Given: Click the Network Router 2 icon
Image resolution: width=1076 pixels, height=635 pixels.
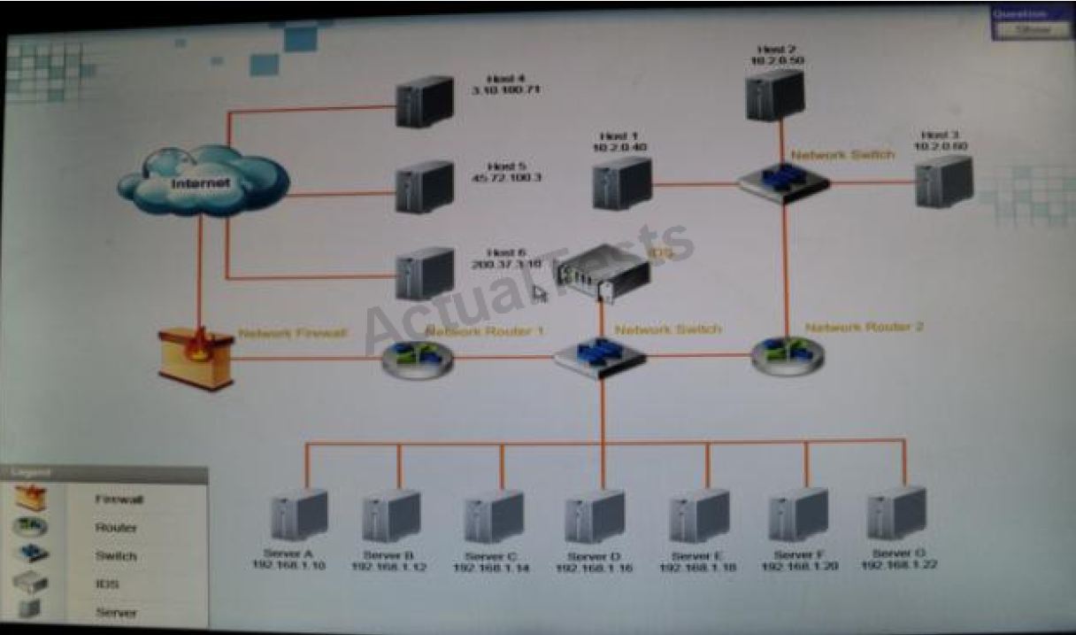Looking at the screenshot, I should coord(788,353).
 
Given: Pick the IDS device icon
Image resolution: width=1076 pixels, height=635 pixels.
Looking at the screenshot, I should coord(602,271).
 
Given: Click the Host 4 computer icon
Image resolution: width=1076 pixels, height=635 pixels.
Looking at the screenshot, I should coord(425,102).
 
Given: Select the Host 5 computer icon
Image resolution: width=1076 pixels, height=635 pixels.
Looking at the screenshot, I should coord(425,186).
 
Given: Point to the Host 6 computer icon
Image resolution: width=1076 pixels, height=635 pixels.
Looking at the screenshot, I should coord(425,272).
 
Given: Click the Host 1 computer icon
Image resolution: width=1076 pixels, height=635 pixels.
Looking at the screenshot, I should coord(622,182).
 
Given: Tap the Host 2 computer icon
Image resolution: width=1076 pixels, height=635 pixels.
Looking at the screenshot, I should coord(774,94).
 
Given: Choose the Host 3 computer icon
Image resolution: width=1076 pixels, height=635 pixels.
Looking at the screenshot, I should coord(944,181).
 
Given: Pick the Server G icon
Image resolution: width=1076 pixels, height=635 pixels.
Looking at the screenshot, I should coord(896,513).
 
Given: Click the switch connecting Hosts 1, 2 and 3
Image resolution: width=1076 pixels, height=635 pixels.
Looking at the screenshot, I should coord(784,181).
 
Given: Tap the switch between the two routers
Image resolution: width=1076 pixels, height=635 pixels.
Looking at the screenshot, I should coord(600,356).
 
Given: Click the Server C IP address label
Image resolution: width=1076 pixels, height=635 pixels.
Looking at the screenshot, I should coord(491,569).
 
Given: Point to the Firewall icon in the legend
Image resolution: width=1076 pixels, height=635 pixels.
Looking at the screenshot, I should coord(31,498).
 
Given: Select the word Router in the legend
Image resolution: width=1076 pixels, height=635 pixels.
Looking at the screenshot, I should coord(116,528).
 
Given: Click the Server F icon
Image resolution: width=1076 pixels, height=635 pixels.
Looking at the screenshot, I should coord(798,515).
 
